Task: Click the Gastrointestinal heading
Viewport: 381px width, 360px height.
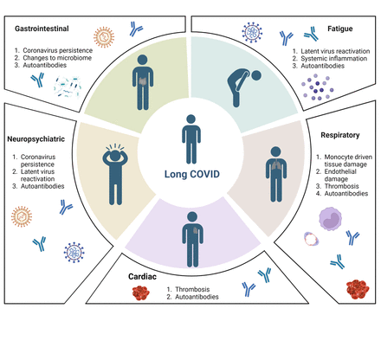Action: [x=42, y=29]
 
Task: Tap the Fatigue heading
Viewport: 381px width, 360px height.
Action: [x=340, y=29]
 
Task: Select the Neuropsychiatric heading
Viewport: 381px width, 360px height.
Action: [x=36, y=139]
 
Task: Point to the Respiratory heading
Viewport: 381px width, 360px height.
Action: [x=340, y=135]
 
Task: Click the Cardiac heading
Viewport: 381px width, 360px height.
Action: [x=142, y=277]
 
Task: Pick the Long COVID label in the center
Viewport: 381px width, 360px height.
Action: [x=192, y=174]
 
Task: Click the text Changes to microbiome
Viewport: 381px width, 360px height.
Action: [x=57, y=58]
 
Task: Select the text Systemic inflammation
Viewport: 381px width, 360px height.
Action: [x=334, y=59]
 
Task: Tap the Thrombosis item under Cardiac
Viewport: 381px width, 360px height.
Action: [x=192, y=289]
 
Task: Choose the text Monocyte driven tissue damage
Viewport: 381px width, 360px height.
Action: [x=348, y=161]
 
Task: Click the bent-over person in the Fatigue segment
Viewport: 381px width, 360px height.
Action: [x=244, y=87]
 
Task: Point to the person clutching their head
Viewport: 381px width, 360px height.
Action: [x=115, y=174]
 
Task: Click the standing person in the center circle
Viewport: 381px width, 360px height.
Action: [x=191, y=139]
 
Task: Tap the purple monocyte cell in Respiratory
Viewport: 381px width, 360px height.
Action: [x=330, y=219]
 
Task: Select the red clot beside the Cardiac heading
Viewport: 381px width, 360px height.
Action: [x=141, y=293]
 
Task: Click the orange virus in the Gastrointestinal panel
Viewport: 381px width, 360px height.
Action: [x=104, y=37]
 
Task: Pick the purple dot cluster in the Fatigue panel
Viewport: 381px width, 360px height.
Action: [x=318, y=87]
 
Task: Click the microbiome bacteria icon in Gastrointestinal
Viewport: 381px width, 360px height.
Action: [x=68, y=87]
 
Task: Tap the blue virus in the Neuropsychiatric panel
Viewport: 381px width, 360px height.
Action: [x=74, y=252]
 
